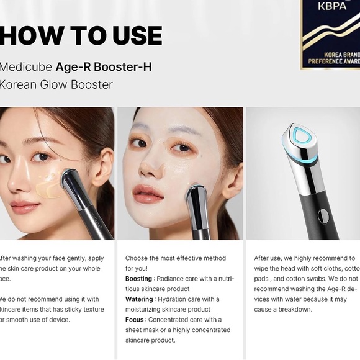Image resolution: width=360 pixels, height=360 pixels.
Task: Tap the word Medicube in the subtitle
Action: click(x=25, y=66)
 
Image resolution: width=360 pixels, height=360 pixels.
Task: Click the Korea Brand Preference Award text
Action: click(x=335, y=58)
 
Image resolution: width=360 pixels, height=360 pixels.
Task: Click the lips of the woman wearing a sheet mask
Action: click(x=147, y=193)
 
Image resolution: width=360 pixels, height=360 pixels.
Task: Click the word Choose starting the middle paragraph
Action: click(x=139, y=258)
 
